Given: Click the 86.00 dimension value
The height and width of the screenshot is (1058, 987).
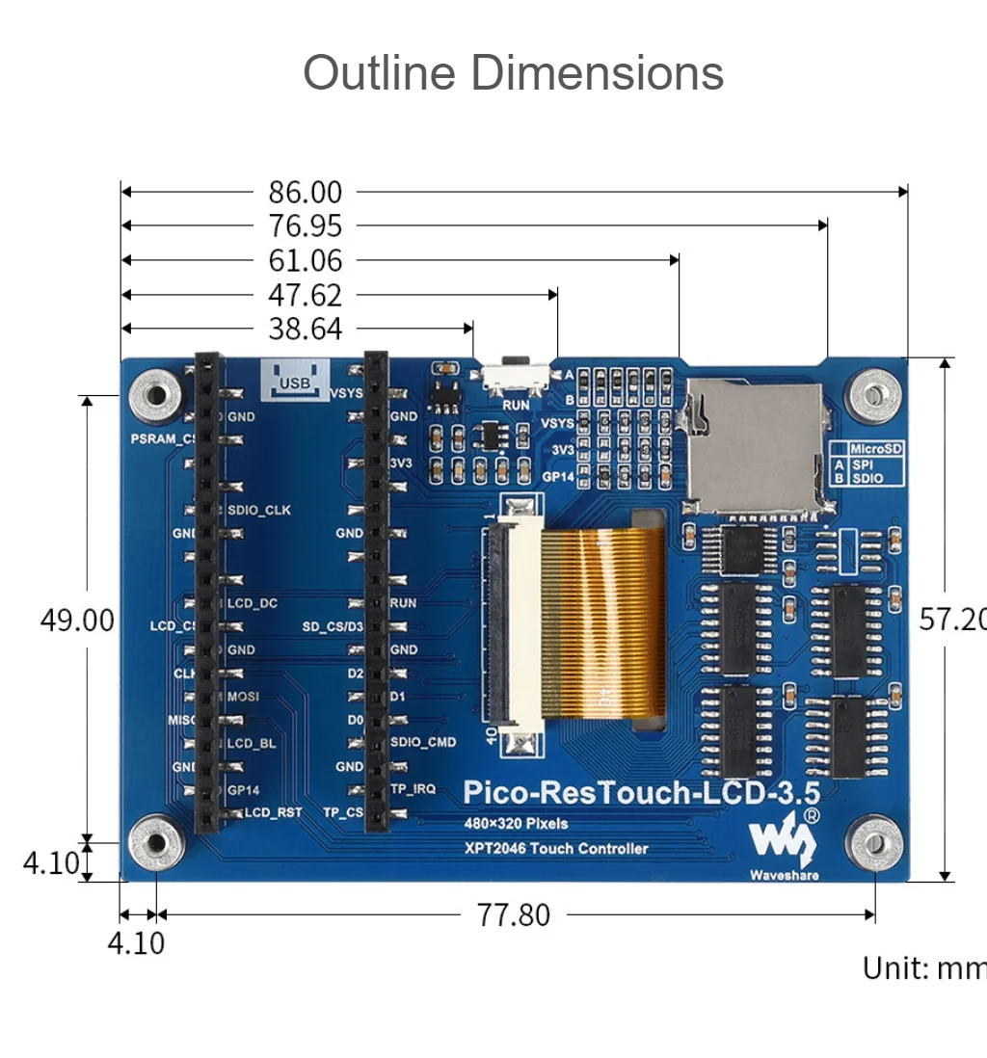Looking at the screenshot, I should coord(305,193).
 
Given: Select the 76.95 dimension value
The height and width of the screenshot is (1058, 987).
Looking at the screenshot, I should coord(305,226).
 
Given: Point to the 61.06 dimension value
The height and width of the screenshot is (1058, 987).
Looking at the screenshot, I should coord(305,261).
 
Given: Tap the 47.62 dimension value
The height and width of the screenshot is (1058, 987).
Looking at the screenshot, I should coord(305,295).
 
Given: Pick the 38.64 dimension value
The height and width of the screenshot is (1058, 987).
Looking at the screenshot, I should coord(305,330).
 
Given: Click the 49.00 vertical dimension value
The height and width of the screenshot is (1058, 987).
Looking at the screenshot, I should coord(77,621).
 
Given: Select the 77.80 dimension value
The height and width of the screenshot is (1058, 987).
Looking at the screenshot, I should coord(514,914).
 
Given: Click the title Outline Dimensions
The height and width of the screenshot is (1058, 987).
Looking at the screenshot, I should coord(513,73).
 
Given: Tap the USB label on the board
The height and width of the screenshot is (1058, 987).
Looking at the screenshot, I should coord(294,384).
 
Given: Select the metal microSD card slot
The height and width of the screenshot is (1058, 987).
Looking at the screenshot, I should coord(755,444).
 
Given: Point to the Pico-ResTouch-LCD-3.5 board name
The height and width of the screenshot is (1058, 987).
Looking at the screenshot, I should coord(642,793).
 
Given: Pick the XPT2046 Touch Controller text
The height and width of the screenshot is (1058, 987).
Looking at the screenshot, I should coord(556,849).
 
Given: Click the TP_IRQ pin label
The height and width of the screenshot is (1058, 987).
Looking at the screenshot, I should coord(413,789).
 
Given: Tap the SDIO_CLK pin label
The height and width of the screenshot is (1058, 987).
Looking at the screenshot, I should coord(258,510).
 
